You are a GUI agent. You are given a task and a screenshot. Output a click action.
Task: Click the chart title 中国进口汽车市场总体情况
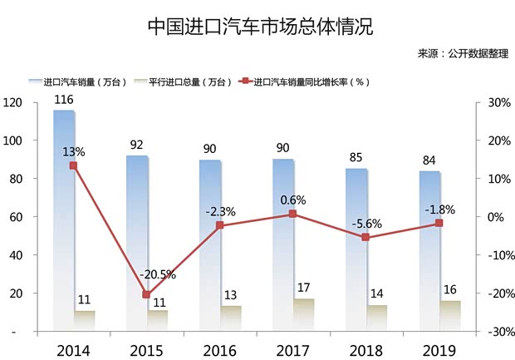pos(257,25)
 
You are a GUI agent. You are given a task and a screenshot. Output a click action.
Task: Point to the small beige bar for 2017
pos(304,315)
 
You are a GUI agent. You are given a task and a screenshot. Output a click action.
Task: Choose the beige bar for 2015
pos(157,321)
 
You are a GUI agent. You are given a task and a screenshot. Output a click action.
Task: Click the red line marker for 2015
pos(146,295)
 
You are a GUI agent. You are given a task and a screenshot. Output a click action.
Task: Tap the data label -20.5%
pos(158,275)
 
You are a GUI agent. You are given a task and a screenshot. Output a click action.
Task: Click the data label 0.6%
pos(293,200)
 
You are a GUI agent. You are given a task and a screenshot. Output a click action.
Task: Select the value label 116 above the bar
pos(64,100)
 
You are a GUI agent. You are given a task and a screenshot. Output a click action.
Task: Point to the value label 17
pos(305,288)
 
